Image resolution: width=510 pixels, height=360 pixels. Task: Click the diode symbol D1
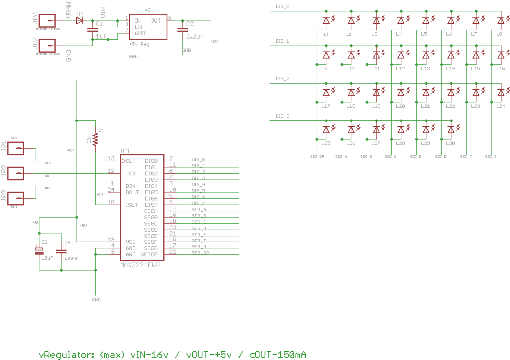80,21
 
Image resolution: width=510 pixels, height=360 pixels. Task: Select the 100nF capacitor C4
61,252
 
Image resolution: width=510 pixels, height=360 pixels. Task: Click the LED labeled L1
326,21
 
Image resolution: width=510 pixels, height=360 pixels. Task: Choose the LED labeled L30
451,130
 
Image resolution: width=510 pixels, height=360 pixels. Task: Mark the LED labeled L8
501,21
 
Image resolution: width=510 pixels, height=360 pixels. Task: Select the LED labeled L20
401,93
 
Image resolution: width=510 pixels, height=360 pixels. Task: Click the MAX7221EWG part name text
140,265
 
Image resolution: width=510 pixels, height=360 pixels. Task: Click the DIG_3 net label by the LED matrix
282,116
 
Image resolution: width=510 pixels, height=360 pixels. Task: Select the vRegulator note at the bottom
172,354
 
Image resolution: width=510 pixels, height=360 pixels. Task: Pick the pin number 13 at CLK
111,158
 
